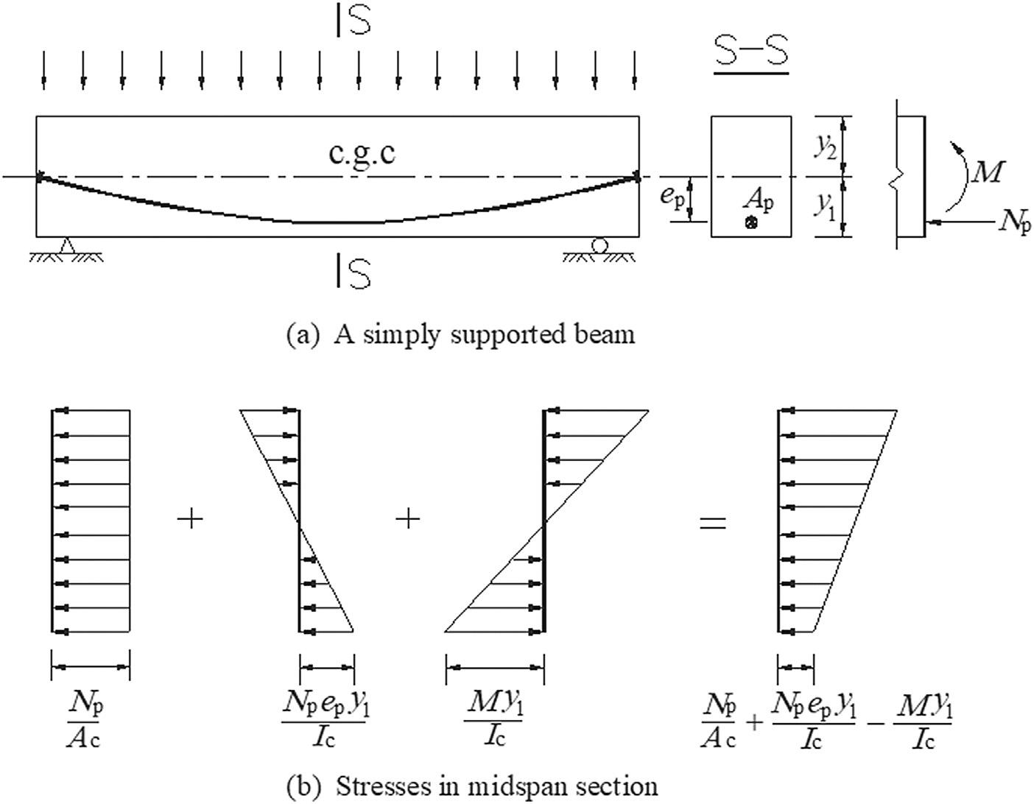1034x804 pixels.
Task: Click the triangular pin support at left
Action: coord(67,245)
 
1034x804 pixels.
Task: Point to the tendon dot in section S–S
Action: coord(750,222)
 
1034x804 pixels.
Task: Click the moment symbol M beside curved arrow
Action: coord(987,172)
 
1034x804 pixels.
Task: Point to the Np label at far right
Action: coord(1015,221)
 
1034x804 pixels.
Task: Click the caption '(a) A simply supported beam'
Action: coord(460,334)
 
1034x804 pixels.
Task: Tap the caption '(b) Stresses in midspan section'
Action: coord(472,786)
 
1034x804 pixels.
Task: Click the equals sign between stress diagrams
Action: coord(712,523)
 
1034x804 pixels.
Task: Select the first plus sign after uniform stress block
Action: coord(191,520)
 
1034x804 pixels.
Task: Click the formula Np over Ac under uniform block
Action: coord(84,719)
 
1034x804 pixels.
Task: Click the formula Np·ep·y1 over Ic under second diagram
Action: coord(324,719)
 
